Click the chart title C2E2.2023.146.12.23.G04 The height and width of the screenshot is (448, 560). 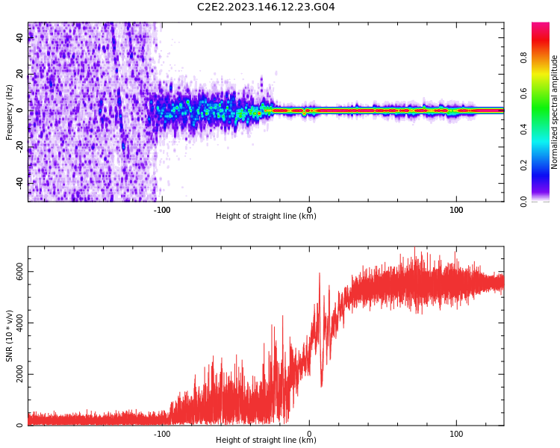point(266,7)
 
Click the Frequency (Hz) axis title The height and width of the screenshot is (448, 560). point(10,112)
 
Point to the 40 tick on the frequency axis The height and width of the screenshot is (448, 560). point(20,38)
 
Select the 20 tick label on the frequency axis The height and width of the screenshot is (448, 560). point(20,74)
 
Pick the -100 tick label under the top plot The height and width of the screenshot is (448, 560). point(162,209)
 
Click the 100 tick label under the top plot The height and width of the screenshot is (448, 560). point(456,209)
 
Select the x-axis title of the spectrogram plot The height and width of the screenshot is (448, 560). point(266,217)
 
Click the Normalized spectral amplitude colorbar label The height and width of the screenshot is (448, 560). point(555,112)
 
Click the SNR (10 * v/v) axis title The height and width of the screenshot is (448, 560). point(10,336)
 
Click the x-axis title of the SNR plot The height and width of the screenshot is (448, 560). point(266,441)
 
